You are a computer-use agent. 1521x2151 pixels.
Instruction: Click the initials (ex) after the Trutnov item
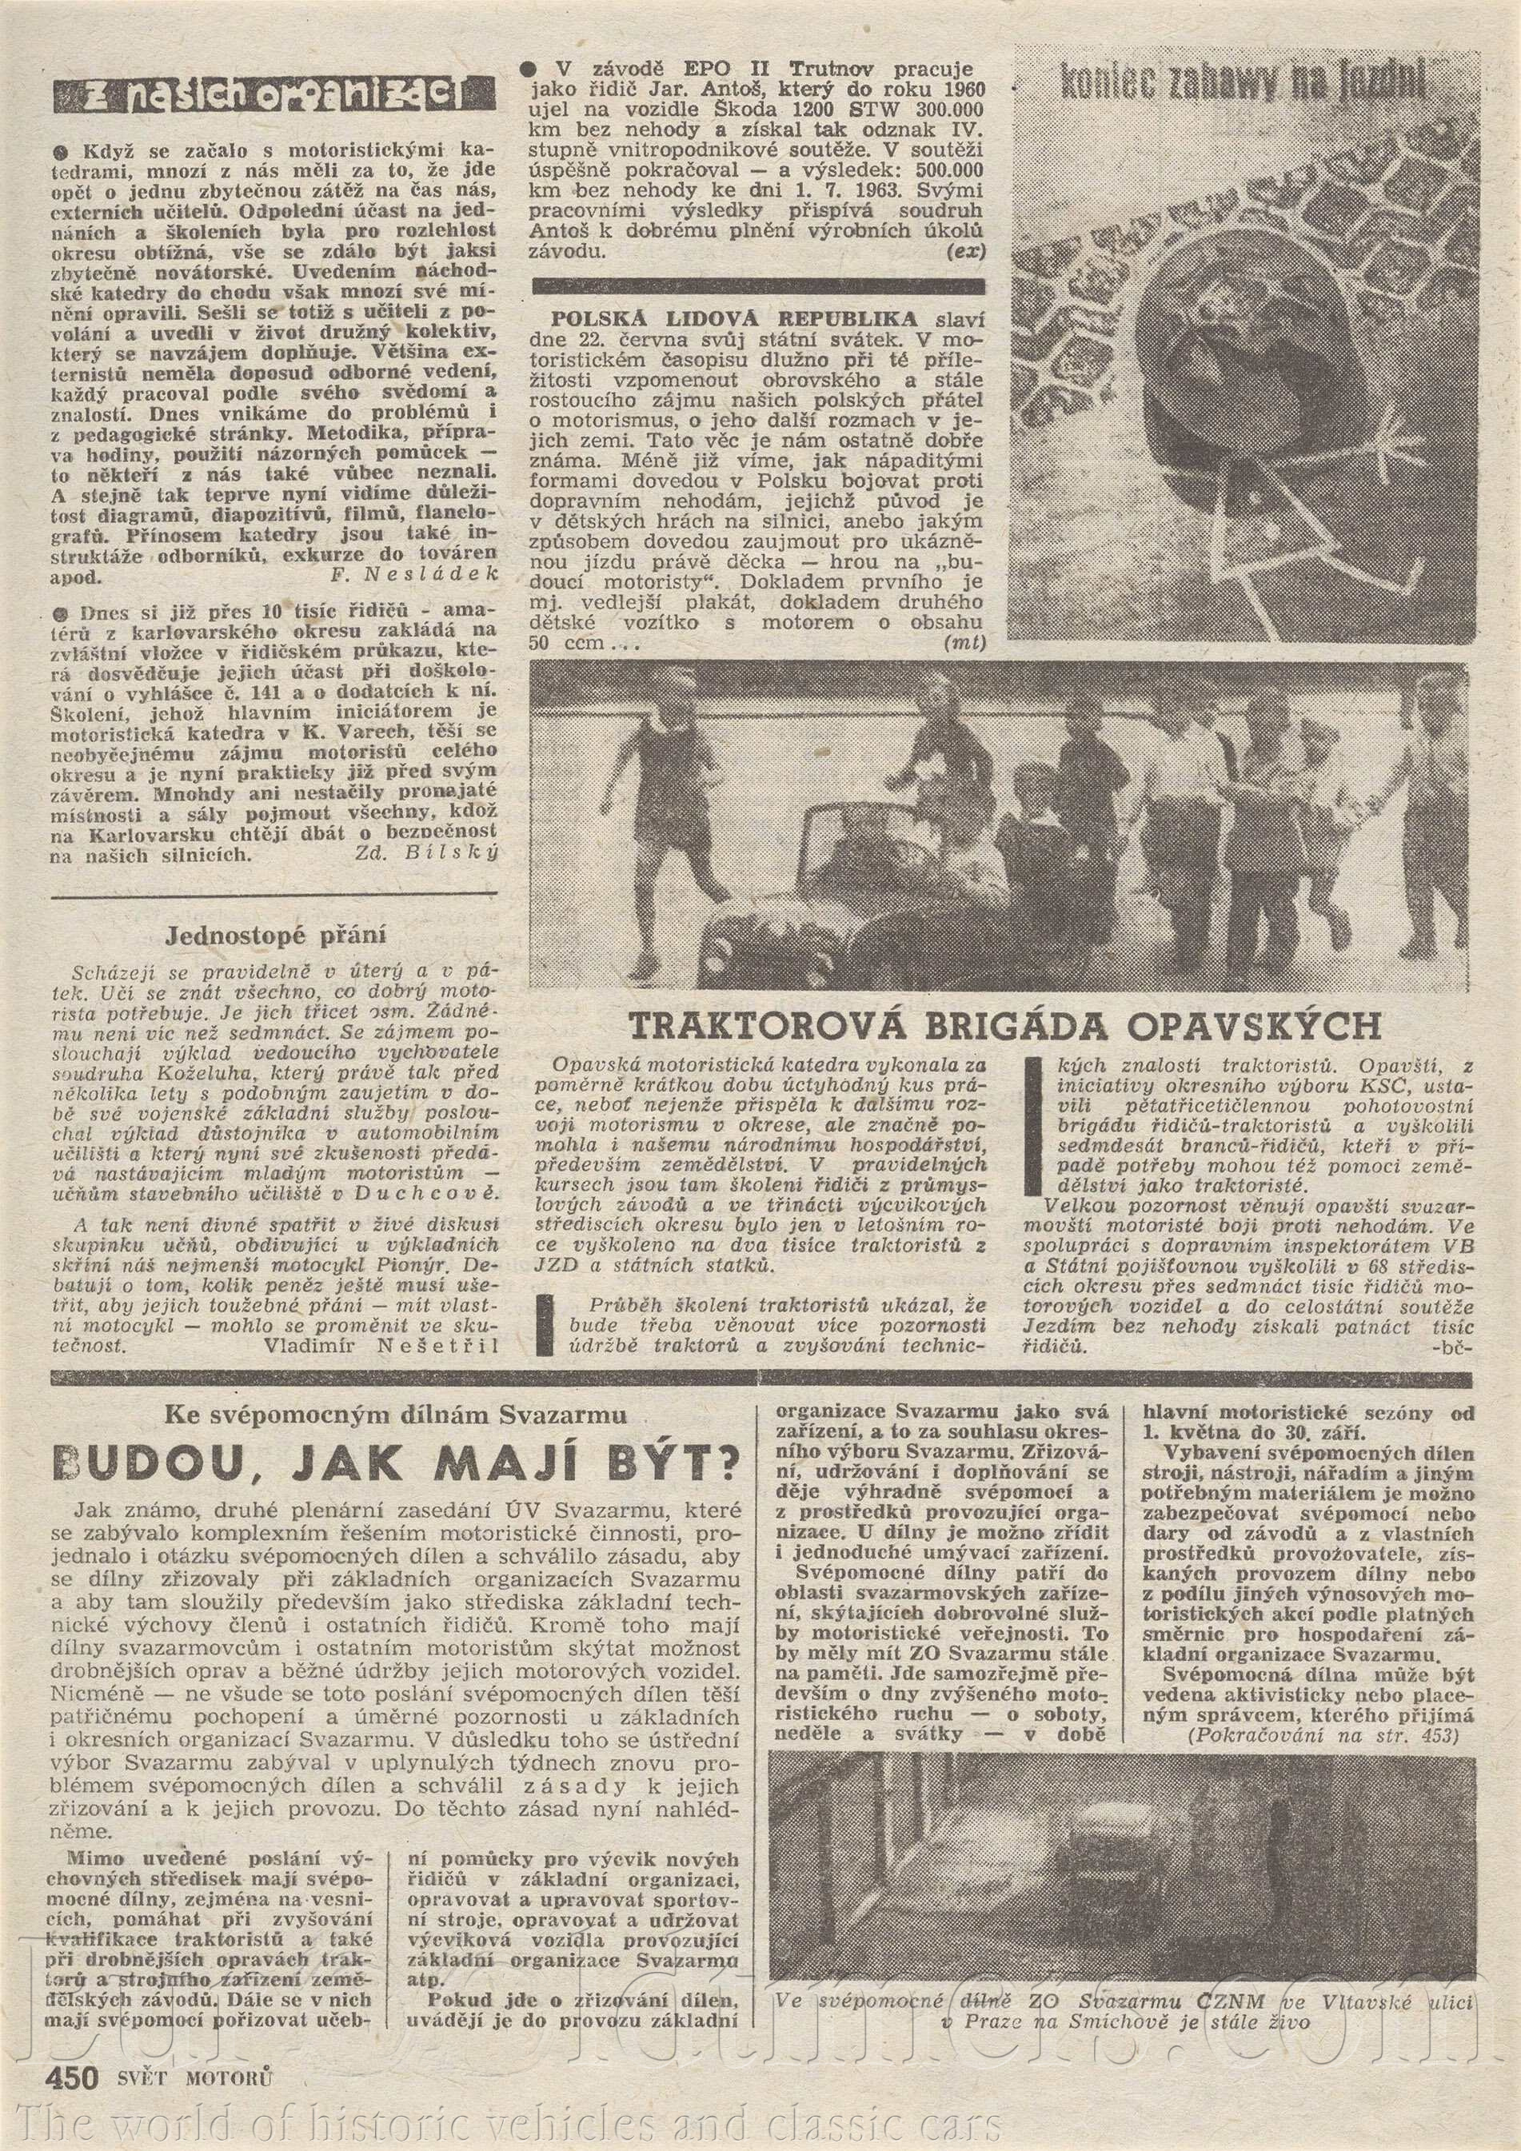(x=966, y=251)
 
